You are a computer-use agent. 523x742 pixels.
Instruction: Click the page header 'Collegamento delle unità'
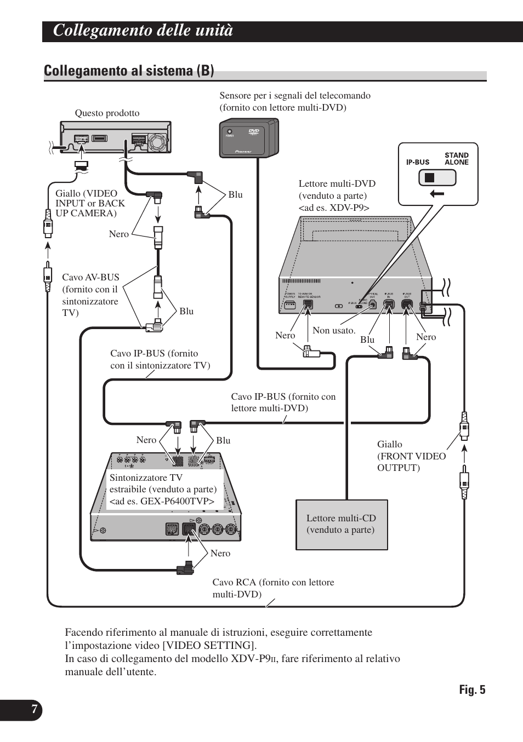click(143, 31)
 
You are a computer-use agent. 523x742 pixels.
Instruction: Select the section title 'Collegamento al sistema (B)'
click(129, 71)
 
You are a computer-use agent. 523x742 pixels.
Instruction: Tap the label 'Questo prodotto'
click(107, 113)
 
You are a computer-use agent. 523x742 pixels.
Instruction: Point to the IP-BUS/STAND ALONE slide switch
click(437, 177)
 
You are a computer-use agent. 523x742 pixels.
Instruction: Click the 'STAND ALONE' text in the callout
click(456, 159)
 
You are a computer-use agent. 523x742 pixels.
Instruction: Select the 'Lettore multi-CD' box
click(342, 524)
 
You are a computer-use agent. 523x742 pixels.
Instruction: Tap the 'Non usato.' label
click(334, 331)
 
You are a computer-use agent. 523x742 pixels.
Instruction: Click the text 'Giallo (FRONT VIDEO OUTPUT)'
click(411, 456)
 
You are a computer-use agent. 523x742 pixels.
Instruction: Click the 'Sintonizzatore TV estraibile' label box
click(163, 490)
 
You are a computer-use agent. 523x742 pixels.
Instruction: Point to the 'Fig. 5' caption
click(472, 690)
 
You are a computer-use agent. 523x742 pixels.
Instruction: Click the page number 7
click(34, 710)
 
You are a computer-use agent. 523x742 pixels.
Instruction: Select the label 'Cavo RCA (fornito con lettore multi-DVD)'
click(273, 588)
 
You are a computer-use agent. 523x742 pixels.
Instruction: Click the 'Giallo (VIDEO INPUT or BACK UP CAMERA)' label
click(90, 203)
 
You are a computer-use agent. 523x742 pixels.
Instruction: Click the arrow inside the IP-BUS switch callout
click(437, 193)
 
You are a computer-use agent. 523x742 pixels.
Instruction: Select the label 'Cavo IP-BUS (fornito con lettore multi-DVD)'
click(283, 402)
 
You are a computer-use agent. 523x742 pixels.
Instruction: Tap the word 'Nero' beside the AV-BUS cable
click(118, 234)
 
